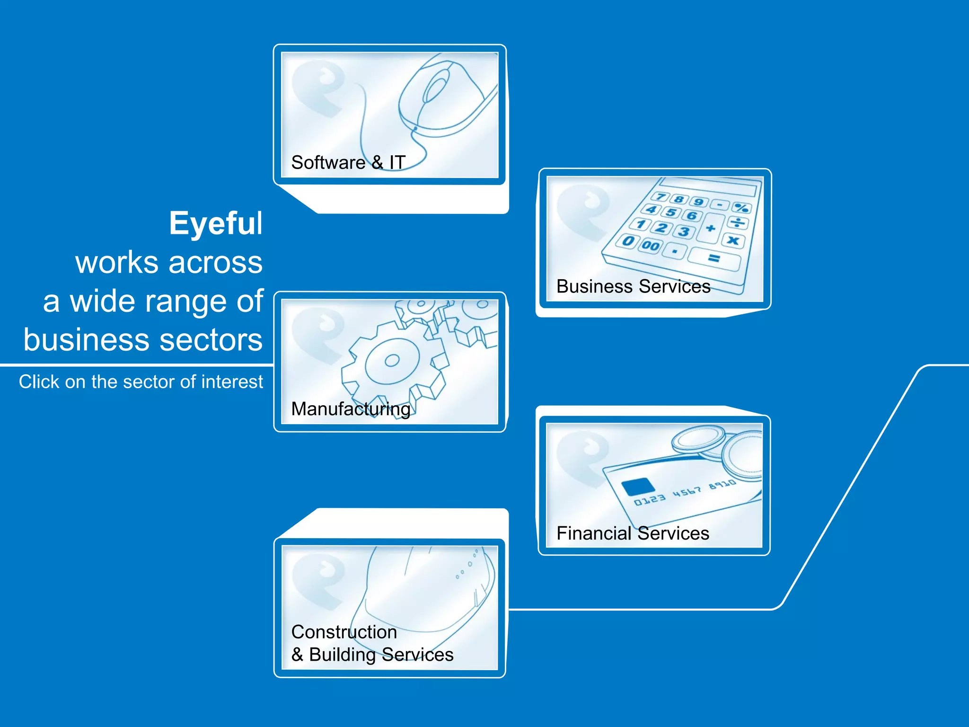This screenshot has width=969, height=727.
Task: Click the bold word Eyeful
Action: point(215,223)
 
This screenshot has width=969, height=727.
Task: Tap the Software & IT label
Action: point(348,162)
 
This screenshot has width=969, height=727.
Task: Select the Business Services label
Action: point(633,286)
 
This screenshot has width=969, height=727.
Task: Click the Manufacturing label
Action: point(351,409)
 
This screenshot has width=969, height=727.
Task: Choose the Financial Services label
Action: point(633,533)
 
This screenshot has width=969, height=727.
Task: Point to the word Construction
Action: point(344,632)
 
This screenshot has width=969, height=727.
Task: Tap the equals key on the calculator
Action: point(714,258)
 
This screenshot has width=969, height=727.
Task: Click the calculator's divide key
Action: point(737,222)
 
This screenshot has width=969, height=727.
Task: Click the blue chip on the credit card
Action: point(637,487)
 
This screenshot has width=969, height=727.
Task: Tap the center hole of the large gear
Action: point(392,361)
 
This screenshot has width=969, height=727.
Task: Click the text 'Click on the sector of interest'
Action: point(141,382)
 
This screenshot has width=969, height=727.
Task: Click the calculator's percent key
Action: point(741,207)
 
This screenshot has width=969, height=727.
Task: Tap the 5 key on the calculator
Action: point(671,212)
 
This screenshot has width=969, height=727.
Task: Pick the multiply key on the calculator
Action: point(733,240)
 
